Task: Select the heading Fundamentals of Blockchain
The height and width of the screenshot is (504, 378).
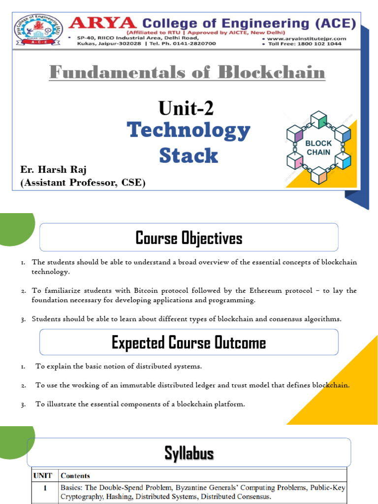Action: click(187, 73)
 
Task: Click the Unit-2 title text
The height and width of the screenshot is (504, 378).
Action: click(186, 108)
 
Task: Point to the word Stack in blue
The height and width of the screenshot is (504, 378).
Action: click(189, 156)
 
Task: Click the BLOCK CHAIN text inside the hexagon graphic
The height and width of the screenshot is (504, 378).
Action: click(319, 148)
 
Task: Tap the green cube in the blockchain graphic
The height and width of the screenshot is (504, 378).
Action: click(318, 121)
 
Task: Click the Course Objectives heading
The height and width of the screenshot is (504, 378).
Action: click(189, 239)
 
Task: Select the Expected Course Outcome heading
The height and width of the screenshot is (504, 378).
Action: click(189, 343)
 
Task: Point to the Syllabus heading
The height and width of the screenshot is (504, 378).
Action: click(189, 453)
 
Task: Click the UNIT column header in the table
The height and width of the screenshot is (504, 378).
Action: click(43, 475)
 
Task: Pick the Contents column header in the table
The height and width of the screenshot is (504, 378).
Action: click(75, 475)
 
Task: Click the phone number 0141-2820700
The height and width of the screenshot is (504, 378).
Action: click(187, 44)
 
